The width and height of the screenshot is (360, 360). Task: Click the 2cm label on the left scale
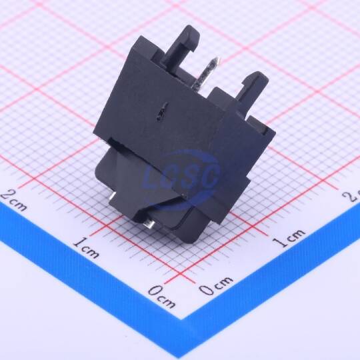pos(14,201)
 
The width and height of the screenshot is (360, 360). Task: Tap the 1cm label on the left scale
pos(87,248)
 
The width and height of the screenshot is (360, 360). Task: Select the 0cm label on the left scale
pos(161,297)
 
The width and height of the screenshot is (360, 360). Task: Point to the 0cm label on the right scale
pos(215,285)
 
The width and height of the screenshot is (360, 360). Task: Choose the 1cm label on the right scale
pos(289,238)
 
